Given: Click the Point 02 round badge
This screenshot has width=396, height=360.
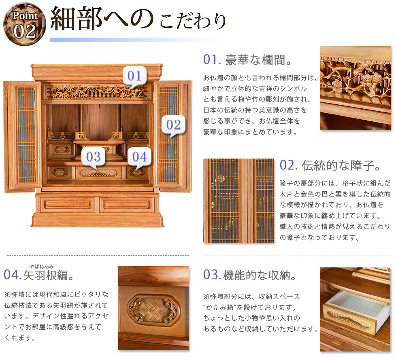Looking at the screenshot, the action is tap(25, 24).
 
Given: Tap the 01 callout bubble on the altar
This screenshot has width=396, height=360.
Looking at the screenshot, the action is tap(134, 76).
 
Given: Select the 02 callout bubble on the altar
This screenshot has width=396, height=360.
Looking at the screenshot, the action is tap(173, 125).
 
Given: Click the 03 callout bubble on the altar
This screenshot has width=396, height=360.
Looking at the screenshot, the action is tap(93, 157).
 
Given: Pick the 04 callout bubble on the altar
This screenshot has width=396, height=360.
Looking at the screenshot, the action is tap(139, 157).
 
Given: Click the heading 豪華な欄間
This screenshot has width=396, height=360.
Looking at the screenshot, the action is tap(259, 60).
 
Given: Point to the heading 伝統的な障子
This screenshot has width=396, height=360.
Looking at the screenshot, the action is tap(341, 165).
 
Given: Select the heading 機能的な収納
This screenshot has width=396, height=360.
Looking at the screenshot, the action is tap(260, 275).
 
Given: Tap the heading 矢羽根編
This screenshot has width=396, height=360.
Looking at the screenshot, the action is tap(49, 275).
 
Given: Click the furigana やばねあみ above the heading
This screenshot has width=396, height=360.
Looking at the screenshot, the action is tap(42, 267).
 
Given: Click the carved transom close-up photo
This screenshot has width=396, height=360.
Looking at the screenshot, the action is tap(356, 88).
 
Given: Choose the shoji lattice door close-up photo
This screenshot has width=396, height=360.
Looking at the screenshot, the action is tap(238, 201).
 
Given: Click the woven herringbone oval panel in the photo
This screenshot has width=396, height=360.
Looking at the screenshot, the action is tap(153, 310).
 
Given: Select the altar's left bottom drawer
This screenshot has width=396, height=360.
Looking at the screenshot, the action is tap(68, 205).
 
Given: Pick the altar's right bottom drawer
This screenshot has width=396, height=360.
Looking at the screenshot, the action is tap(126, 205).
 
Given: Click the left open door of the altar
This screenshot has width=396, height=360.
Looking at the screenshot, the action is tap(22, 136).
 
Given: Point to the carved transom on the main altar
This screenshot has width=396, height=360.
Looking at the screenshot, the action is tap(98, 92).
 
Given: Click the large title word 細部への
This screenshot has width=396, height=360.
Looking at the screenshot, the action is tap(102, 19).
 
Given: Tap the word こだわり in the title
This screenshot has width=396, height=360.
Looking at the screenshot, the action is tap(192, 21).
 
